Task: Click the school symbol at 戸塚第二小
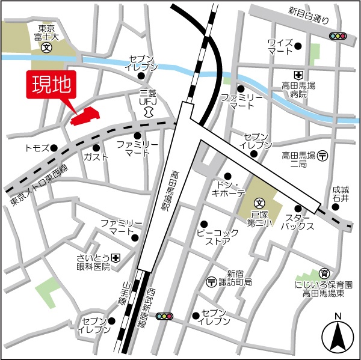tap(259, 204)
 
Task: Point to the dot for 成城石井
tap(335, 207)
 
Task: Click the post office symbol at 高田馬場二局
tap(322, 156)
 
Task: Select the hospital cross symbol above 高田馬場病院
tap(297, 75)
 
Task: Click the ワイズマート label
tap(281, 47)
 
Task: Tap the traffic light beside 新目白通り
tap(338, 37)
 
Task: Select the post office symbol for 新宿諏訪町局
tap(211, 281)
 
